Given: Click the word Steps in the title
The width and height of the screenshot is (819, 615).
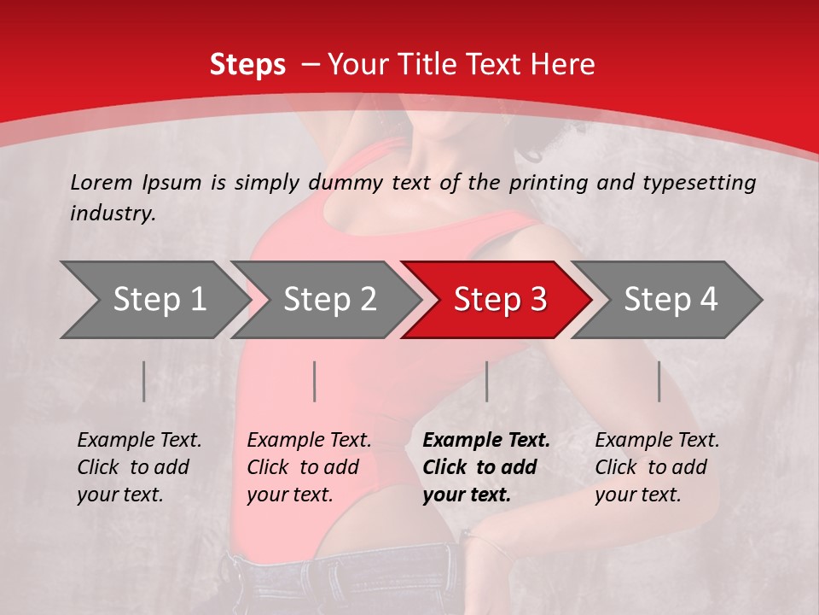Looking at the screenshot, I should (247, 65).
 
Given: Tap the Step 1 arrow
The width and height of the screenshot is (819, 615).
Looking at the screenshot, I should (154, 300).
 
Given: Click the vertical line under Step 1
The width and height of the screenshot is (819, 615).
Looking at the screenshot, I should (144, 381).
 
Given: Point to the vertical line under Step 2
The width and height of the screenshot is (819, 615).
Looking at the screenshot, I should (315, 381).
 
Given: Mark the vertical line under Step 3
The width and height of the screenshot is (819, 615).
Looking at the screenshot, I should (487, 381).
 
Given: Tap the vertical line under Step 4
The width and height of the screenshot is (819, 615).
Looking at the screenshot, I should (659, 381).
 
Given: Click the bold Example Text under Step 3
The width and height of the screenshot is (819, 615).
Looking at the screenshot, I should (486, 466).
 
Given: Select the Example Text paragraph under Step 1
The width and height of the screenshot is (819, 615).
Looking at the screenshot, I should (139, 466).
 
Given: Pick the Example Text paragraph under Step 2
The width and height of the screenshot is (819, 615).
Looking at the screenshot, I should (309, 466).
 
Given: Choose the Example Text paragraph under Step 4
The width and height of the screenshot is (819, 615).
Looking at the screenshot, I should (657, 466).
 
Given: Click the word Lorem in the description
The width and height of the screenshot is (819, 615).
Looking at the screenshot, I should (102, 182).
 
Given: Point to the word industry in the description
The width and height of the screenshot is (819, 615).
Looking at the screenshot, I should (112, 214).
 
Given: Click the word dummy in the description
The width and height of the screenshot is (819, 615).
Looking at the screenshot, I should (352, 182).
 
